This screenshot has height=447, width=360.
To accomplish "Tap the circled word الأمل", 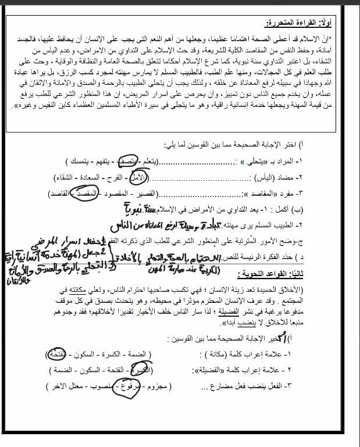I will [138, 176].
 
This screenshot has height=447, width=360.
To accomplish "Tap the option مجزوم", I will [151, 385].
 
